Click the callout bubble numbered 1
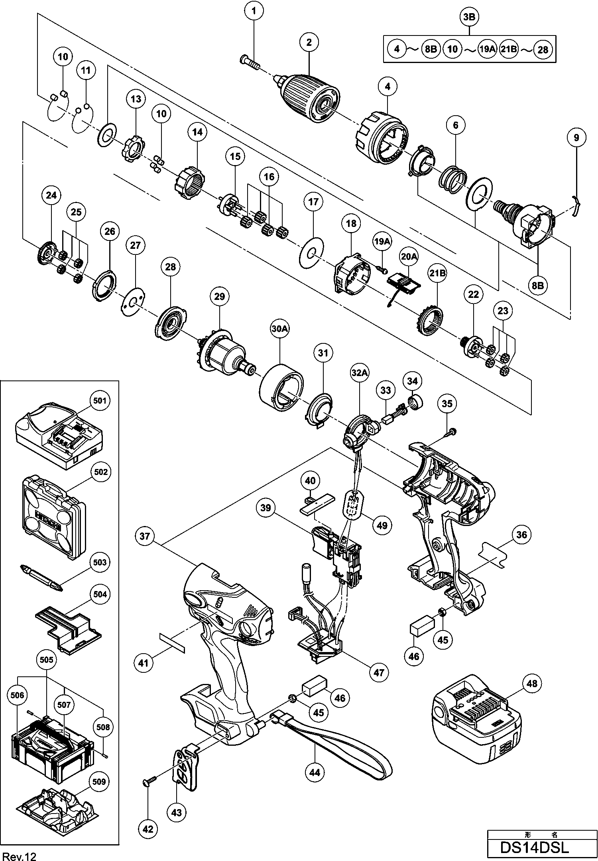pos(255,11)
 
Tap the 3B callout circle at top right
pos(469,17)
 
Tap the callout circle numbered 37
pos(145,536)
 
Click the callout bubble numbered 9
pos(576,138)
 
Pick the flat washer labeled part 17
pos(311,252)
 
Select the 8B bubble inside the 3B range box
pos(430,49)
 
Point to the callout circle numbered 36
pos(522,535)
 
